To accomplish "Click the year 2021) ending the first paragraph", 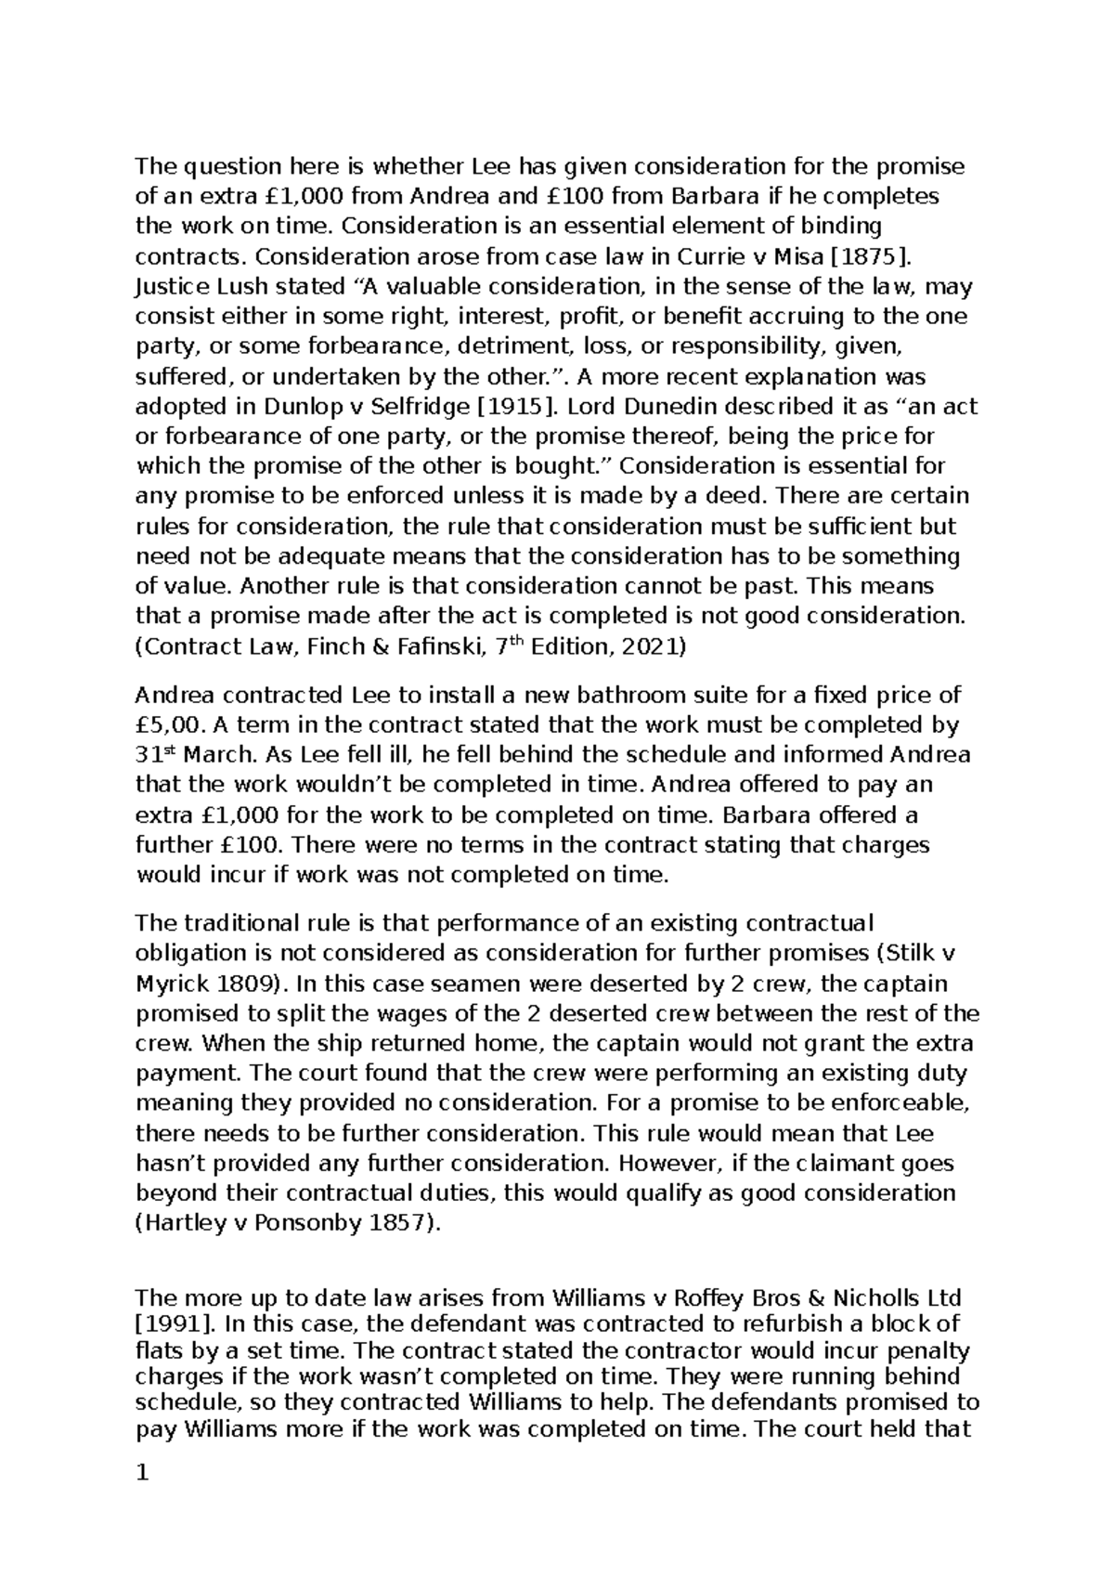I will coord(653,646).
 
